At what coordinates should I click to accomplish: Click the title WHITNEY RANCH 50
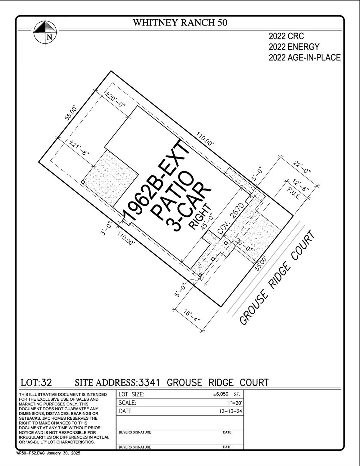click(x=180, y=23)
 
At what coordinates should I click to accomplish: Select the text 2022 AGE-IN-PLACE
click(x=304, y=58)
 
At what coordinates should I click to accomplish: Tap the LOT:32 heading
click(x=36, y=382)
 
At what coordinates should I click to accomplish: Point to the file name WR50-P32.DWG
click(x=31, y=453)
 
